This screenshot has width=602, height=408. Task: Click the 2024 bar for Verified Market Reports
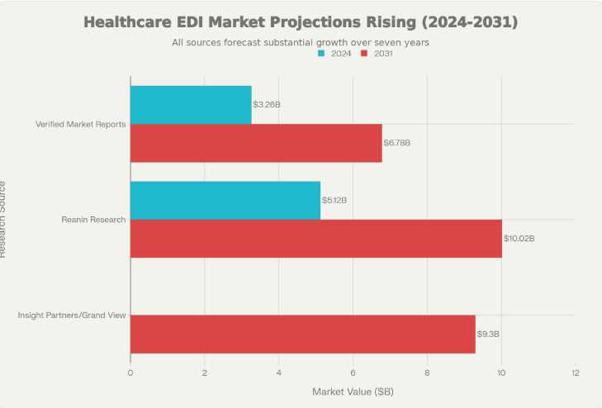191,105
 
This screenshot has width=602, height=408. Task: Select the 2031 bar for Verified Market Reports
256,143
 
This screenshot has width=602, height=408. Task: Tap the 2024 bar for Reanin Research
225,200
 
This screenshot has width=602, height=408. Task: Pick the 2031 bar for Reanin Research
316,238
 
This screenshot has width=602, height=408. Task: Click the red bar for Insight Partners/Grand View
303,334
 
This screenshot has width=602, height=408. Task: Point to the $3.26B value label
267,105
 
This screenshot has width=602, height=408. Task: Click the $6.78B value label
396,143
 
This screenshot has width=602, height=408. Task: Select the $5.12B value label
334,200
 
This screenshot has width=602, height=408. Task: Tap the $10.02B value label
519,238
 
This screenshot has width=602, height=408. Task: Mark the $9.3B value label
488,334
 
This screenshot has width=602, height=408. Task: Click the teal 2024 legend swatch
321,54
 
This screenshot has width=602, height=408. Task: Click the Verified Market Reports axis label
80,124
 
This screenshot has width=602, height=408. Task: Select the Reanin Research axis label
93,220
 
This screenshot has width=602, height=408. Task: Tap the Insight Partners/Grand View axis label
72,315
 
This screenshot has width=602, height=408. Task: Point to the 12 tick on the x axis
575,372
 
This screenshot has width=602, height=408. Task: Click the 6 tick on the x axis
353,372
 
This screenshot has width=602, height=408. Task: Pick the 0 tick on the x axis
130,372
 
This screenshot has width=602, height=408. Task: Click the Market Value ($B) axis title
353,391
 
